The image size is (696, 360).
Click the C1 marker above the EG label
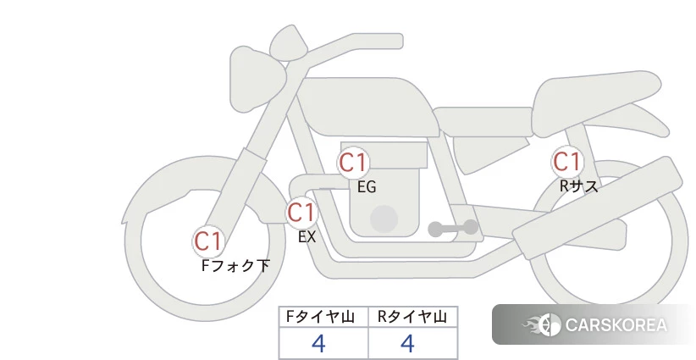(353, 163)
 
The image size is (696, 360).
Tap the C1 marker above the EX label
(301, 213)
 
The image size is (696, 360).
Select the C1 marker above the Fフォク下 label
(208, 241)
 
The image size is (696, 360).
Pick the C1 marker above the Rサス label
(566, 161)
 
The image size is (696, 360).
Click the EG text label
(367, 187)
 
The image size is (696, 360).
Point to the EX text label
(307, 237)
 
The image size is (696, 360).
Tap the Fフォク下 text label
(235, 265)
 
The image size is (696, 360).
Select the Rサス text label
(578, 186)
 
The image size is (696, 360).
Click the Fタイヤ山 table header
(320, 317)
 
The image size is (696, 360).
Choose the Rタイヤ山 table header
(412, 317)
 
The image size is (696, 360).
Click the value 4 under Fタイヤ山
(318, 343)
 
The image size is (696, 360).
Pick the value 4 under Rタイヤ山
(407, 343)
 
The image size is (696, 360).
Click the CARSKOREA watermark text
(616, 325)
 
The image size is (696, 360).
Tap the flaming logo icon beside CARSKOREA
(542, 324)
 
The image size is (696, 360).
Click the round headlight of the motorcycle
(258, 79)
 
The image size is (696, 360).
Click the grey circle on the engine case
(384, 219)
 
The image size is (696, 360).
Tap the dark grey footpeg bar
(453, 228)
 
